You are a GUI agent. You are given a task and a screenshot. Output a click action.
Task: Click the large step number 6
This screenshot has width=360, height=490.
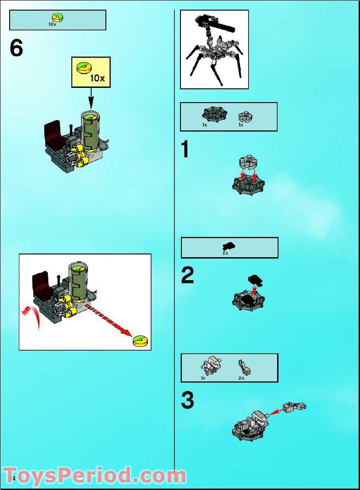pos(17,48)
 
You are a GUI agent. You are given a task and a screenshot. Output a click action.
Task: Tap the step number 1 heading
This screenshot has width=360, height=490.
pos(185,150)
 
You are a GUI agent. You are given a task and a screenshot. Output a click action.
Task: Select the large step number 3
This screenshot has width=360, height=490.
pos(187,400)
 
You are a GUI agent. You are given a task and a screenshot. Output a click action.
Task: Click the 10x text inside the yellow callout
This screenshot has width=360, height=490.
pos(97,78)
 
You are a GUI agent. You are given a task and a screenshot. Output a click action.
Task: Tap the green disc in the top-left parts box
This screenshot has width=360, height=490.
pos(58,17)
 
